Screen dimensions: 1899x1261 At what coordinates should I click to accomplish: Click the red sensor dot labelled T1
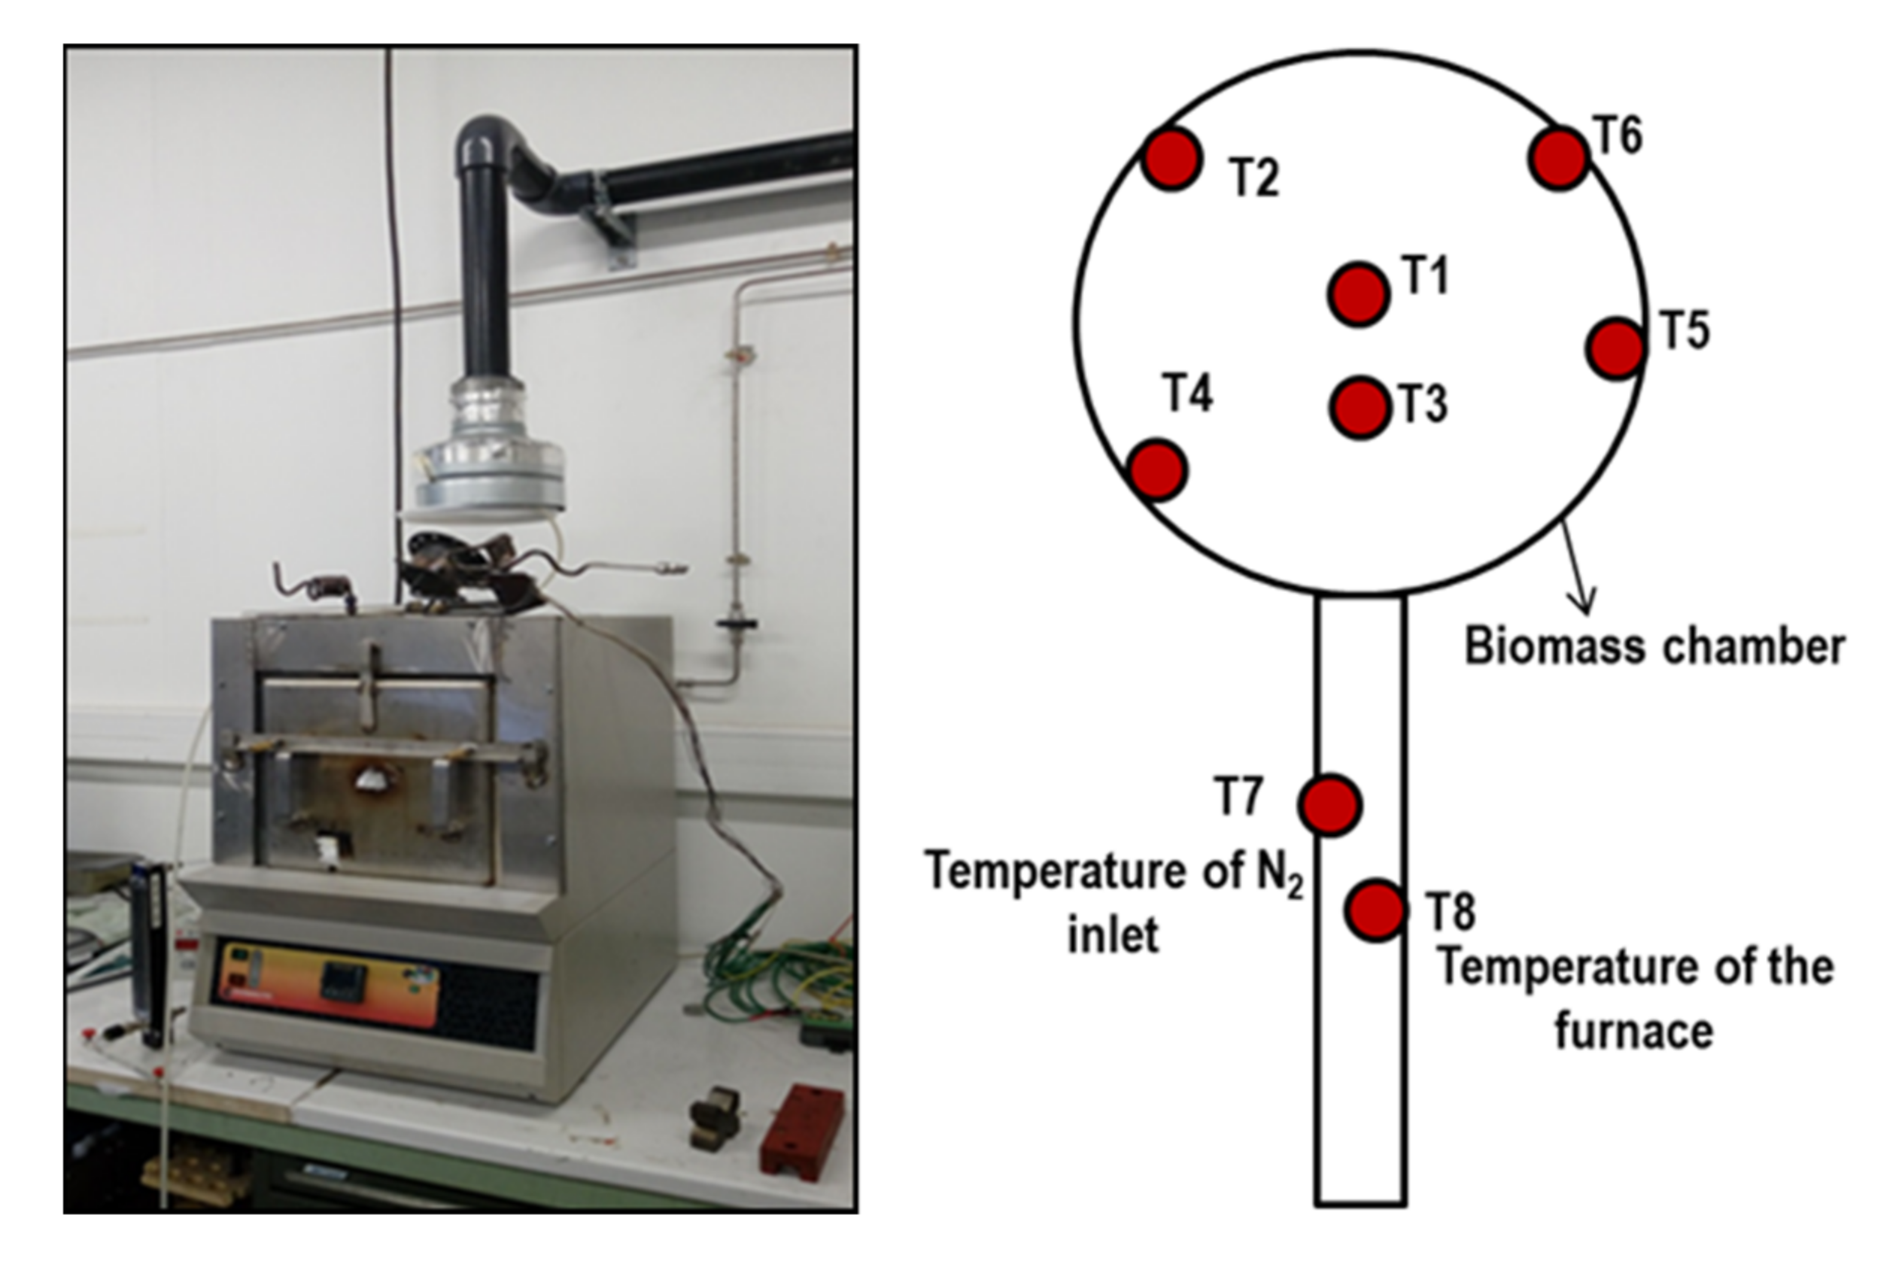tap(1358, 294)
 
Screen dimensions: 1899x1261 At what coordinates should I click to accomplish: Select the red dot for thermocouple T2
tap(1171, 160)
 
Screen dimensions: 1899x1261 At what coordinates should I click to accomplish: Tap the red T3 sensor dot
tap(1359, 408)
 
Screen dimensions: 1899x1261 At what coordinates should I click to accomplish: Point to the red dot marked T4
tap(1157, 469)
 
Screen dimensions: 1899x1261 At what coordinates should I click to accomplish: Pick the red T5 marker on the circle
tap(1615, 348)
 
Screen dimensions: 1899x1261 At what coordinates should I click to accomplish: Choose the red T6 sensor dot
tap(1558, 160)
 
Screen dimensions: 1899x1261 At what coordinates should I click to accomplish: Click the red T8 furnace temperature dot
tap(1375, 910)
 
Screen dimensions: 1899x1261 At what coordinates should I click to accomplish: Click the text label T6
tap(1618, 135)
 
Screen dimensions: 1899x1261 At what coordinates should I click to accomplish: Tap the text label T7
tap(1238, 796)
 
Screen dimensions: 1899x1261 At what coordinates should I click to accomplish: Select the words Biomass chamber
tap(1654, 646)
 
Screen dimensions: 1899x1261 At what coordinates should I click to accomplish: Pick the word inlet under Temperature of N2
tap(1113, 934)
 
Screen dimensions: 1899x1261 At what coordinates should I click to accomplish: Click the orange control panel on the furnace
tap(330, 984)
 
